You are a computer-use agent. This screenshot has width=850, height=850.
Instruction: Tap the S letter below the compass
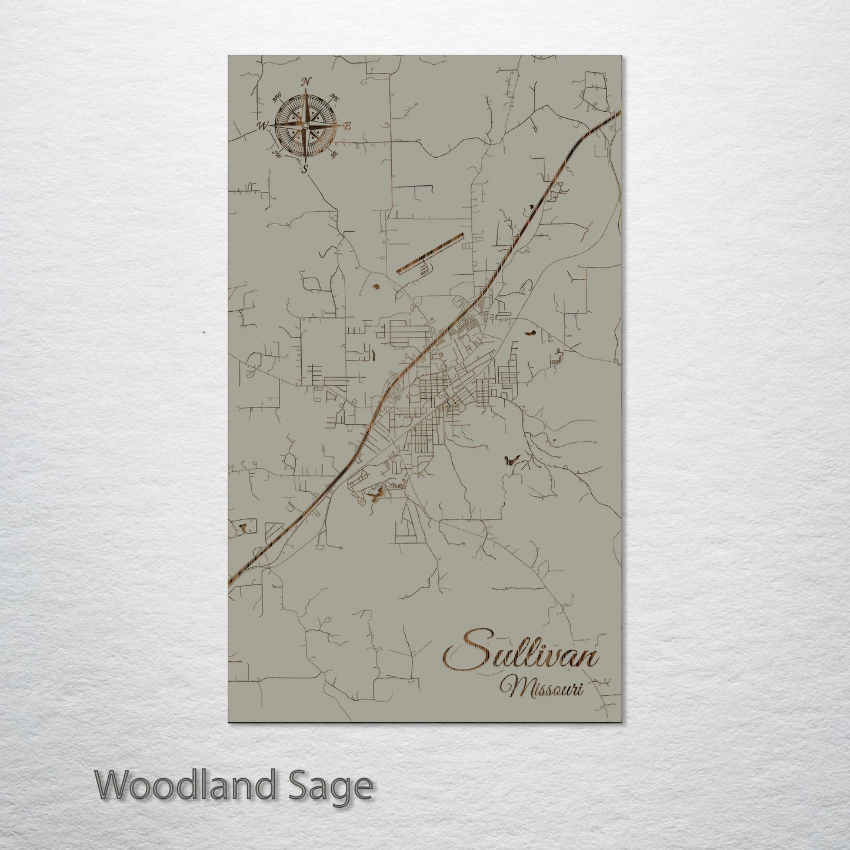(304, 170)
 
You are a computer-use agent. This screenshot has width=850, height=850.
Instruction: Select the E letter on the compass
(347, 126)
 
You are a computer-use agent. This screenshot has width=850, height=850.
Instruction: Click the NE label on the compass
(335, 96)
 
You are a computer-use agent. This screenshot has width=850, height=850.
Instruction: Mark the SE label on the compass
(334, 155)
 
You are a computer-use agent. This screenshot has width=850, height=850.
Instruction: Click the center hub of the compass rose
(305, 125)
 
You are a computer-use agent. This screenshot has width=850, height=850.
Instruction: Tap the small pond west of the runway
(375, 288)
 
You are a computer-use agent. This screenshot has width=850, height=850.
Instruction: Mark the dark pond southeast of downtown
(510, 459)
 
